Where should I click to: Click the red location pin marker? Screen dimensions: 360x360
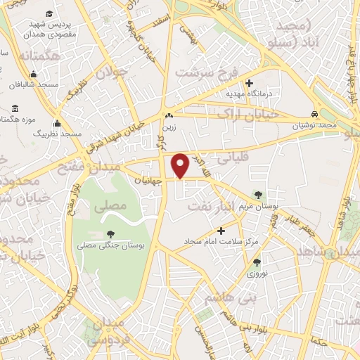(181, 165)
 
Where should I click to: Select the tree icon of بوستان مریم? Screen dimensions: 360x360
(260, 194)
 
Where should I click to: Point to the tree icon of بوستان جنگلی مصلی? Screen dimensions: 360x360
(110, 235)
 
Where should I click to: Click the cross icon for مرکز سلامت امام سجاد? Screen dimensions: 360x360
(221, 231)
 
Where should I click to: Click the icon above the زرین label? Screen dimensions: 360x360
(168, 116)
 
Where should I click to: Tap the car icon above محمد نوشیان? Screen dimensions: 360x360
(316, 113)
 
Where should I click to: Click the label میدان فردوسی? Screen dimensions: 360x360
(107, 333)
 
